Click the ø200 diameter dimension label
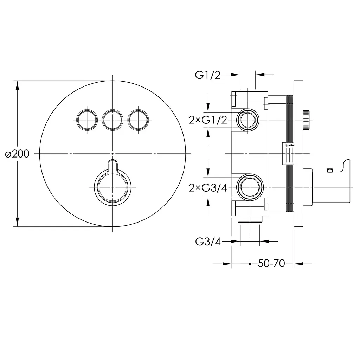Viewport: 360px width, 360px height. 17,154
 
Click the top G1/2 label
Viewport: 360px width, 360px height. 207,75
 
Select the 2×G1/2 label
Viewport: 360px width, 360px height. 208,120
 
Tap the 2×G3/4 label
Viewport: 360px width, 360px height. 208,188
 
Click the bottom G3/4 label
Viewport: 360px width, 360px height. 208,242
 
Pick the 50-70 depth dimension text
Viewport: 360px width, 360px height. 271,264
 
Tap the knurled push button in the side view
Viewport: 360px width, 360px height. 306,120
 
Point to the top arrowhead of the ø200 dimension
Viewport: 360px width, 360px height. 17,85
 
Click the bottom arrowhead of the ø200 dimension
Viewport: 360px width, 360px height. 17,222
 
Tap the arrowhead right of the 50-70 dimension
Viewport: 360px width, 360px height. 298,264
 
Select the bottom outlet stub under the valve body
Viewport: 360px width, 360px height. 250,219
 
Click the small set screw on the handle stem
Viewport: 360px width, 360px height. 330,170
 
